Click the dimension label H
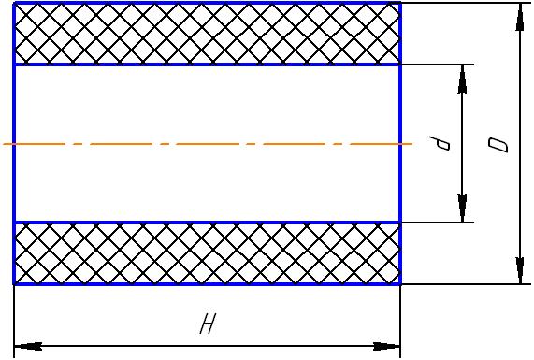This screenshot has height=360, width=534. click(x=208, y=324)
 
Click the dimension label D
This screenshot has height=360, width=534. click(x=498, y=145)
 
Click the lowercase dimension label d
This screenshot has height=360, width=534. click(x=440, y=143)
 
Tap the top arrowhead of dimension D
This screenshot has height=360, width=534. click(x=520, y=17)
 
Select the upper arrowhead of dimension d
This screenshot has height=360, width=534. click(x=462, y=79)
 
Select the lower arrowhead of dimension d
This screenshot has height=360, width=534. click(x=462, y=209)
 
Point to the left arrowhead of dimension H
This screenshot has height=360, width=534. click(x=28, y=347)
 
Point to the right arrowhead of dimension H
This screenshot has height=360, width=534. click(x=386, y=347)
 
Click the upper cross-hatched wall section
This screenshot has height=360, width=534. click(x=207, y=34)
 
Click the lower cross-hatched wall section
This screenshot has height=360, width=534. click(x=207, y=253)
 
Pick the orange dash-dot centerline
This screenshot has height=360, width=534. click(x=208, y=144)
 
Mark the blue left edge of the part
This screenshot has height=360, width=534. click(x=14, y=143)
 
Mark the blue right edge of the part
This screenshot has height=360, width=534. click(x=400, y=143)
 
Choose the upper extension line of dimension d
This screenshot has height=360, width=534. click(x=438, y=65)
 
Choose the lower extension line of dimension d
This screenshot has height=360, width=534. click(x=438, y=223)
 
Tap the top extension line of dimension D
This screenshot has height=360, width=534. click(x=467, y=3)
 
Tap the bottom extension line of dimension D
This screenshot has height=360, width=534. click(x=467, y=284)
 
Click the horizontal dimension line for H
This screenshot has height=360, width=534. click(x=207, y=347)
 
